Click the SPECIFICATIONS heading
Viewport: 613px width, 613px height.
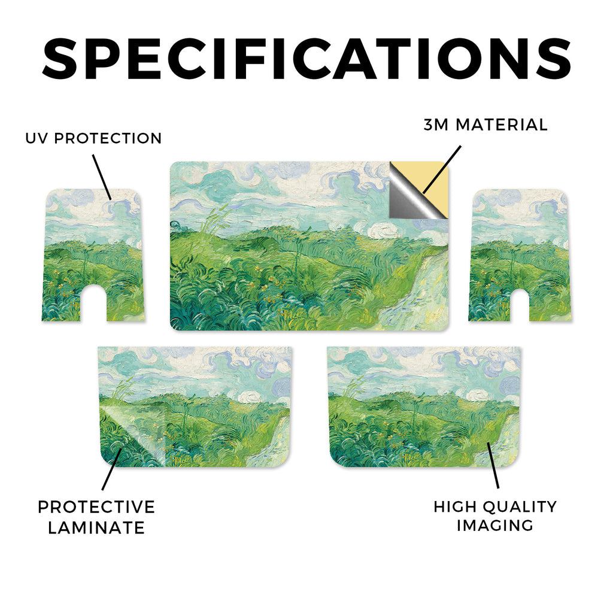[x=306, y=59]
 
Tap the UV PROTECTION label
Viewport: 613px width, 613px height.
[x=93, y=138]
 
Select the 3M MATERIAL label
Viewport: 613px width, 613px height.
[x=485, y=125]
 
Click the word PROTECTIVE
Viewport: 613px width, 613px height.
[x=96, y=507]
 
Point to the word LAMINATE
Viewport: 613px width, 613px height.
[x=96, y=528]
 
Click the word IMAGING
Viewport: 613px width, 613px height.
[x=495, y=526]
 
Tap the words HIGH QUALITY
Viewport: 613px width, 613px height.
[x=495, y=506]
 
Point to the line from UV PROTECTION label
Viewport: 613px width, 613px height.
[x=102, y=177]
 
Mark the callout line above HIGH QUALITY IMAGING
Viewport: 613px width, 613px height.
[x=493, y=465]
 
